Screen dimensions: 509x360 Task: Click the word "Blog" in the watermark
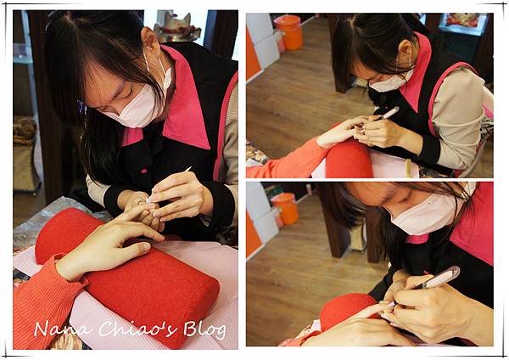[204, 330]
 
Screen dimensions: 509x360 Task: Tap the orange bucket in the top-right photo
[288, 32]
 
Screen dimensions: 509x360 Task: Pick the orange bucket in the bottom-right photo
[285, 208]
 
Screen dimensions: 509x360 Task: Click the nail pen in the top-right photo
[388, 114]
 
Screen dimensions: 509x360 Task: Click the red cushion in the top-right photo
[349, 160]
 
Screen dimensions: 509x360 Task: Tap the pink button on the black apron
[144, 171]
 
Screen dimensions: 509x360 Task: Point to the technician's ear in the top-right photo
[405, 49]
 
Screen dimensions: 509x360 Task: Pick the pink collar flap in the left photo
[185, 101]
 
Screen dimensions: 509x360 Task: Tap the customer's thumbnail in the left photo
[146, 249]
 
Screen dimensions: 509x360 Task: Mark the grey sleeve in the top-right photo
[458, 117]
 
